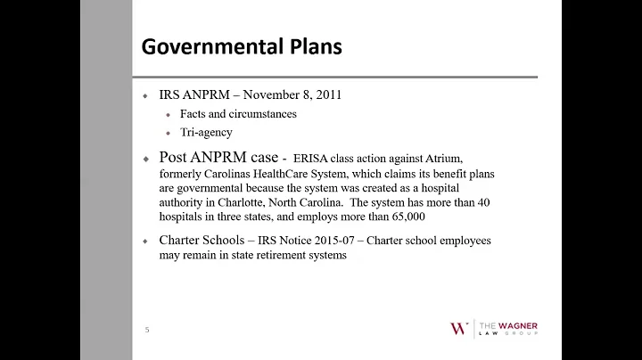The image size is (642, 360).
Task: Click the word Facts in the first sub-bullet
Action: [x=193, y=114]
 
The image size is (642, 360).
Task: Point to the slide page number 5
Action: [x=147, y=330]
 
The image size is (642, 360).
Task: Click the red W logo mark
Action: [x=458, y=328]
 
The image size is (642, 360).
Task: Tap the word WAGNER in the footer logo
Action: [x=517, y=323]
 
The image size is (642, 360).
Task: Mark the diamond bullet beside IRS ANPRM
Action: [x=144, y=95]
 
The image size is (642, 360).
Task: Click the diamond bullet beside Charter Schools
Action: [x=144, y=241]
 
